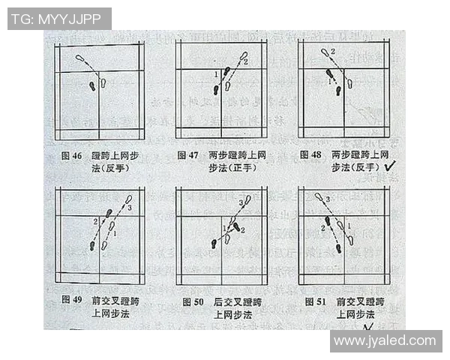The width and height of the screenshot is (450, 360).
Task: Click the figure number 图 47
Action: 187,156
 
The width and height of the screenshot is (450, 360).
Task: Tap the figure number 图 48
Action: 310,155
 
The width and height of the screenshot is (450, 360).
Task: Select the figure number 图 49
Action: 71,301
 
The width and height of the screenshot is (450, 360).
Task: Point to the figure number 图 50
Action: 193,301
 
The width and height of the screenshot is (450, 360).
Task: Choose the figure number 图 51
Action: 314,301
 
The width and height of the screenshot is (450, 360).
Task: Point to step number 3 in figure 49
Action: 129,206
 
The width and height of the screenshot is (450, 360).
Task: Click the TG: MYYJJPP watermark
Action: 59,19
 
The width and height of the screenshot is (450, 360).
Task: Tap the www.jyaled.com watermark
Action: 385,341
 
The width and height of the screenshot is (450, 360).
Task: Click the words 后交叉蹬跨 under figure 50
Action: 233,301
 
